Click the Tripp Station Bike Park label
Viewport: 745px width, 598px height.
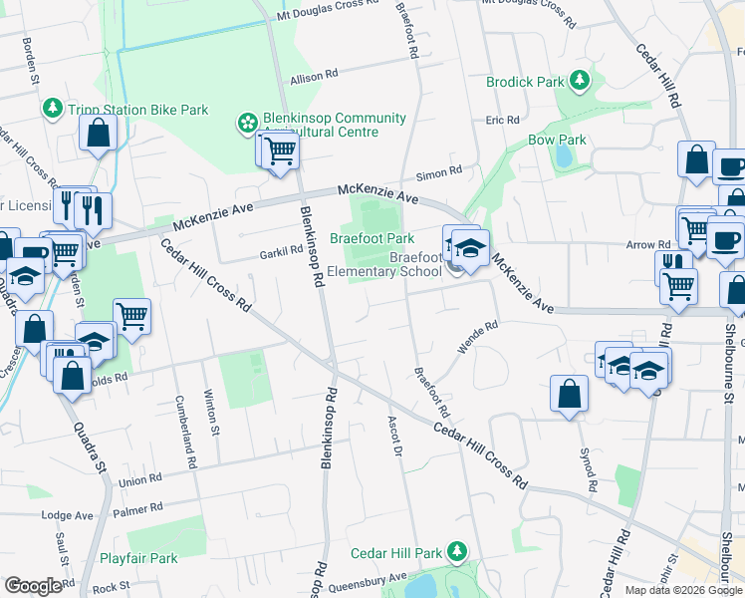138,109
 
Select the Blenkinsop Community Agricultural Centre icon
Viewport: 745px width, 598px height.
246,124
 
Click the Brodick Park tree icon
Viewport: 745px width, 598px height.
577,82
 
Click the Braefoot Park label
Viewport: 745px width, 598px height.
372,239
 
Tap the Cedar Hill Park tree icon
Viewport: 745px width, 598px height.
457,550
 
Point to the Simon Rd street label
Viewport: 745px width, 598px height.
439,171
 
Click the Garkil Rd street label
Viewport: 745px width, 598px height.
284,251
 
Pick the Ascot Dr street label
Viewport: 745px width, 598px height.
392,436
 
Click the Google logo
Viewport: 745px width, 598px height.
33,586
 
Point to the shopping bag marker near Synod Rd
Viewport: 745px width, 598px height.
569,393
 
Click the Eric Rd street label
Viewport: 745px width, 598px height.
503,120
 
